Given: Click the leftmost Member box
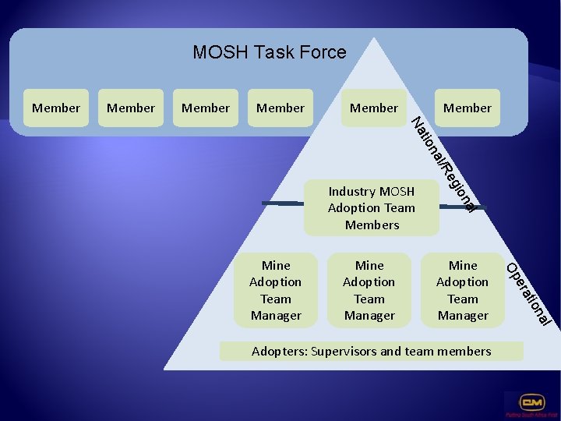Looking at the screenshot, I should tap(56, 108).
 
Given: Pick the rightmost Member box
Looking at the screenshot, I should tap(467, 108).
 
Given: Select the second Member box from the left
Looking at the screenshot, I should tap(131, 108).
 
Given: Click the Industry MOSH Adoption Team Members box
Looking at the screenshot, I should tap(372, 208).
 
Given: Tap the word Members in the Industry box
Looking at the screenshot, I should tap(372, 225).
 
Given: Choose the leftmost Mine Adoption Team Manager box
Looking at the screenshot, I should tap(276, 290).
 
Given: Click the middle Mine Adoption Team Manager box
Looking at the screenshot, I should tap(369, 290).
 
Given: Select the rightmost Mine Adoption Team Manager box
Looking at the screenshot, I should tap(463, 290).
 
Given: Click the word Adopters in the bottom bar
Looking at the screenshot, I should tap(278, 352).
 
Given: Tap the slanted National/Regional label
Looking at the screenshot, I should tap(444, 165).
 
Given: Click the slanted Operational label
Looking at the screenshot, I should tap(530, 295).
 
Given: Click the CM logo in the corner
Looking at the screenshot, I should tap(532, 404).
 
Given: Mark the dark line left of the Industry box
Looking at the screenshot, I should tap(280, 203).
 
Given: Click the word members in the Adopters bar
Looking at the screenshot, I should tap(464, 352).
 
